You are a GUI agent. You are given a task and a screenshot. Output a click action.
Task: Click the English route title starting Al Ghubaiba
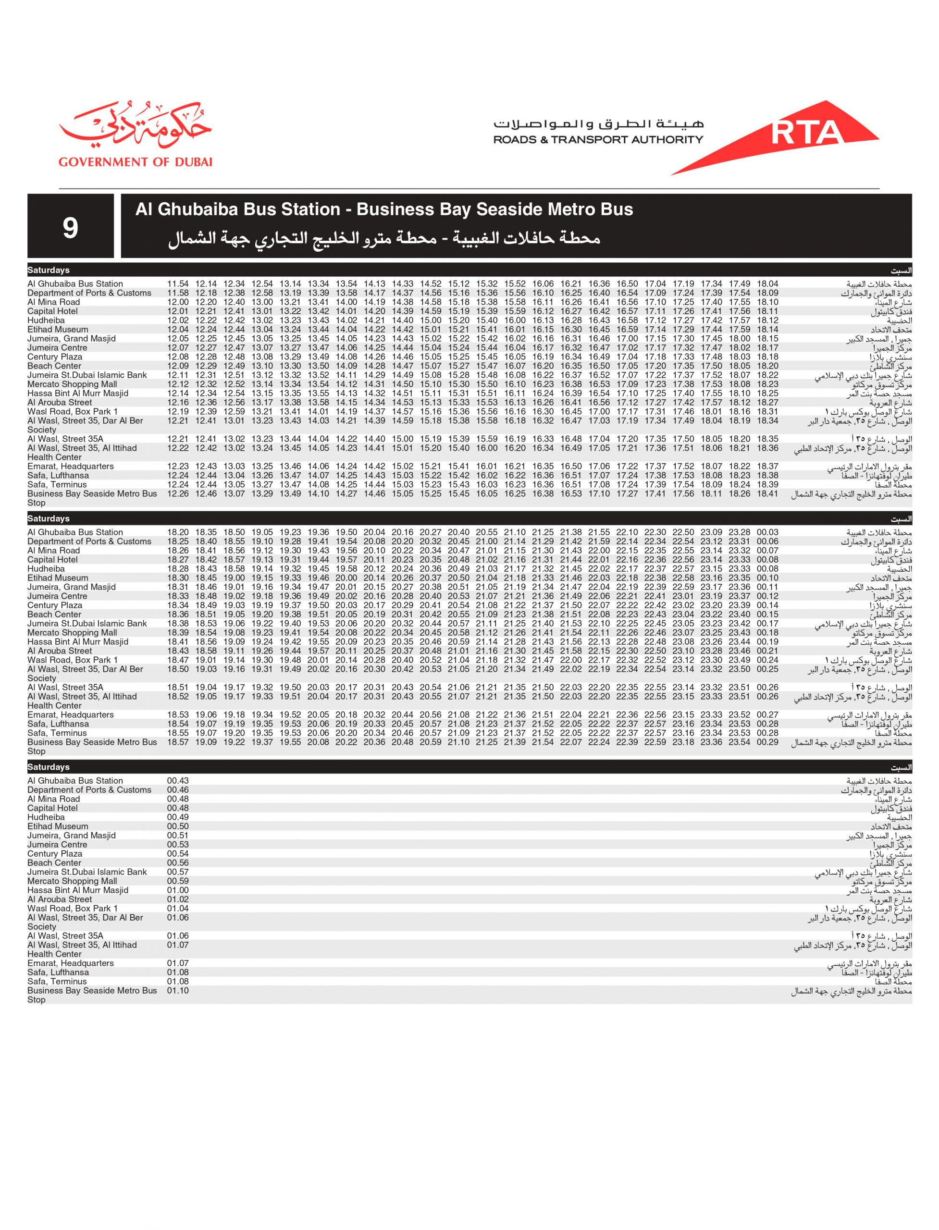coord(384,209)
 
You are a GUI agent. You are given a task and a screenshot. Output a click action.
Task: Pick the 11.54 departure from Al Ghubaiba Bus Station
coord(178,284)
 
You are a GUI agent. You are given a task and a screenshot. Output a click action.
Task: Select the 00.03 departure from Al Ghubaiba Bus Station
coord(767,532)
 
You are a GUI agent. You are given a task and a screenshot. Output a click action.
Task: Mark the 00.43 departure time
coord(178,781)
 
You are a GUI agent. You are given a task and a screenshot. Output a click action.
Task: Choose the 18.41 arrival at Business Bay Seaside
coord(767,493)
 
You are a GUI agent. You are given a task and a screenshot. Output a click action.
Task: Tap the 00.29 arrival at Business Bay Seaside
coord(767,742)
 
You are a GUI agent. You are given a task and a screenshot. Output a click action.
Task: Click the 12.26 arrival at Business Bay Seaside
coord(178,493)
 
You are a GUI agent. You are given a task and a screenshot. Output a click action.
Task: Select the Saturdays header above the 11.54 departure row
coord(49,271)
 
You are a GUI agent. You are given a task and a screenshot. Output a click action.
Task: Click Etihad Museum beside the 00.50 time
coord(58,826)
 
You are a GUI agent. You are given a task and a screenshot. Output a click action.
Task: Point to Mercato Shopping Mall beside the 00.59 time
coord(72,881)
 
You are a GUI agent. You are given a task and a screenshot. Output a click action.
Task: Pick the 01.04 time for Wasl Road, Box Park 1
coord(178,908)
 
